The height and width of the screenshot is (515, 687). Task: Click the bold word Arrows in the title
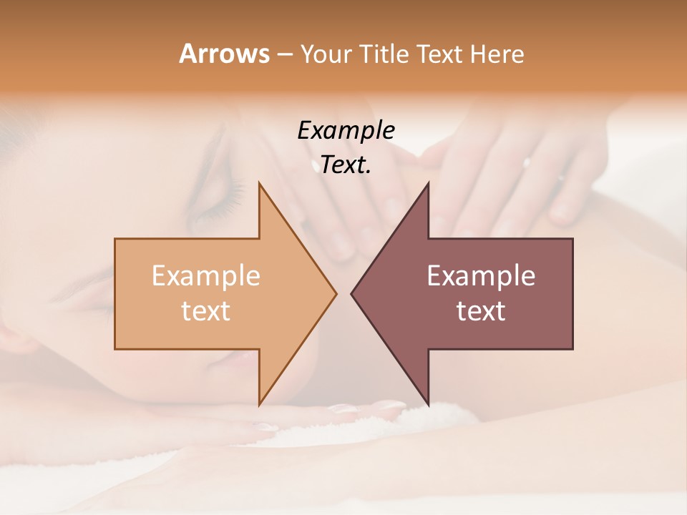coord(224,54)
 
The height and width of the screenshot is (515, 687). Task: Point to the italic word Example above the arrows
coord(346,130)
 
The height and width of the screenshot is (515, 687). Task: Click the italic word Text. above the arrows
coord(346,165)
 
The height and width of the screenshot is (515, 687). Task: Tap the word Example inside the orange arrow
coord(205,275)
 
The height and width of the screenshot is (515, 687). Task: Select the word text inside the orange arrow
coord(205,310)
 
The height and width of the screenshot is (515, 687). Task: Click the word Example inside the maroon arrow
coord(481,275)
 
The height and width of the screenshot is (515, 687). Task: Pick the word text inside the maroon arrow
coord(481,310)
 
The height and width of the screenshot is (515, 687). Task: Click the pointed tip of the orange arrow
coord(336,293)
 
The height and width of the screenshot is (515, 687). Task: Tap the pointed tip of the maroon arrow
coord(351,293)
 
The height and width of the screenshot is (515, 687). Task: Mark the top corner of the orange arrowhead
coord(259,183)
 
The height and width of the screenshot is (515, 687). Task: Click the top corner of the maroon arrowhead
coord(429,183)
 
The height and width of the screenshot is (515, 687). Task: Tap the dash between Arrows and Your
coord(283,54)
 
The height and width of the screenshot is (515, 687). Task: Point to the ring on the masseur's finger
coord(527,162)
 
